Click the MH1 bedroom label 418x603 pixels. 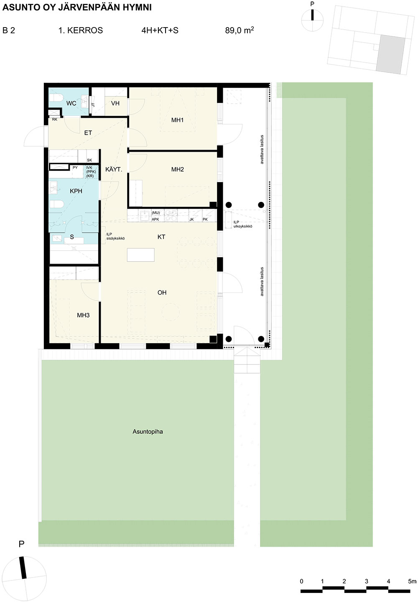(x=177, y=120)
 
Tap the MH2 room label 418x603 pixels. (x=178, y=169)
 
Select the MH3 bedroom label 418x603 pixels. (x=83, y=315)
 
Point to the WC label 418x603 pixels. (x=71, y=103)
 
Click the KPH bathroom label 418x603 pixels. (x=76, y=191)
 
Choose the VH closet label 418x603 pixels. (x=115, y=103)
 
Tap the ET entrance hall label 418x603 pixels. (x=88, y=133)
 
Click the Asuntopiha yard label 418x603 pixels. (x=148, y=432)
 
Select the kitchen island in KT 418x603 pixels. (x=140, y=255)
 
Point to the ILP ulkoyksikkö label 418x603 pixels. (x=243, y=224)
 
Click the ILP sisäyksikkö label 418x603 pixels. (x=115, y=237)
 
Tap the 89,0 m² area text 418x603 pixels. (x=240, y=30)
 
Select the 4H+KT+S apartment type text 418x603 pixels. (x=160, y=31)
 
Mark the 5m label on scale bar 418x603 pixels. (x=412, y=581)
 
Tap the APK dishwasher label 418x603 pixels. (x=155, y=219)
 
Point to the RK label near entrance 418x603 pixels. (x=55, y=120)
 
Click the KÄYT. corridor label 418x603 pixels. (x=114, y=170)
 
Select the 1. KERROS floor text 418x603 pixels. (x=81, y=31)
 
